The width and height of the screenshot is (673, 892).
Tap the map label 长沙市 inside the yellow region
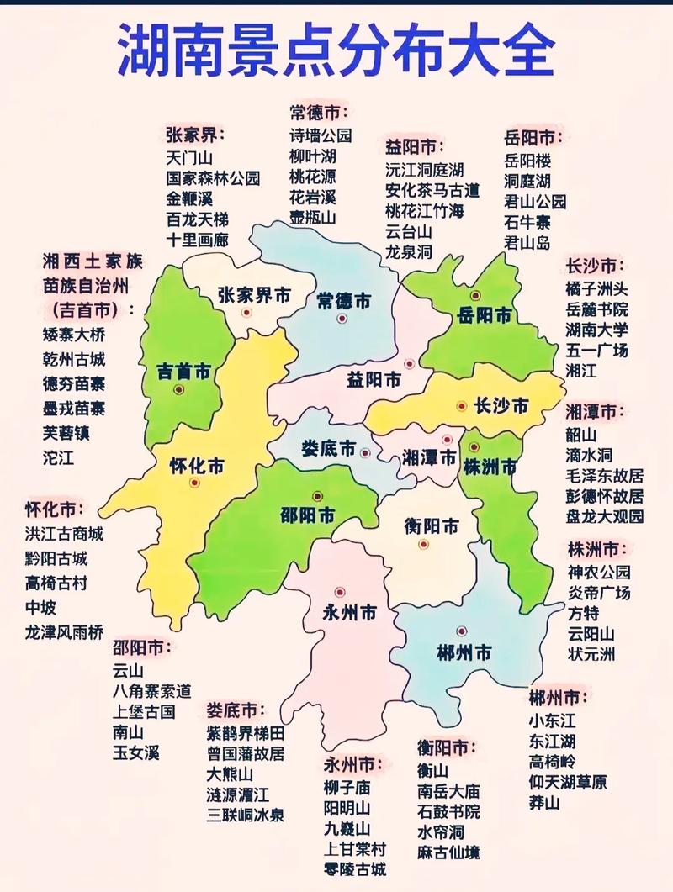pos(501,406)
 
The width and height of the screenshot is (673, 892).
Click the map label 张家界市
pos(254,295)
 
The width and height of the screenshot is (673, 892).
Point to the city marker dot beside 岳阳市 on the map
pos(475,295)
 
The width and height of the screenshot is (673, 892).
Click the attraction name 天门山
pos(189,157)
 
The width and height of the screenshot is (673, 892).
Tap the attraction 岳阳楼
pos(527,160)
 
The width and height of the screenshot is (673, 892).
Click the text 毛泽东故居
pos(604,476)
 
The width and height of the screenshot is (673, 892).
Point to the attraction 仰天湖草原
pos(567,782)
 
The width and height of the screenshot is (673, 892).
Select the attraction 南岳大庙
pos(448,791)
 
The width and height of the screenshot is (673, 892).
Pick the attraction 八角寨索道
pos(151,691)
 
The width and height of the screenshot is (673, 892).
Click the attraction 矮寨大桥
pos(73,334)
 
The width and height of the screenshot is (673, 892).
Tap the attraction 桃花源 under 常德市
pos(313,177)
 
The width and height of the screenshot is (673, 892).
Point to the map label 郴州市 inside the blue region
pos(464,652)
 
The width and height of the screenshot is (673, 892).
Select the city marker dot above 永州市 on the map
pos(339,592)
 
